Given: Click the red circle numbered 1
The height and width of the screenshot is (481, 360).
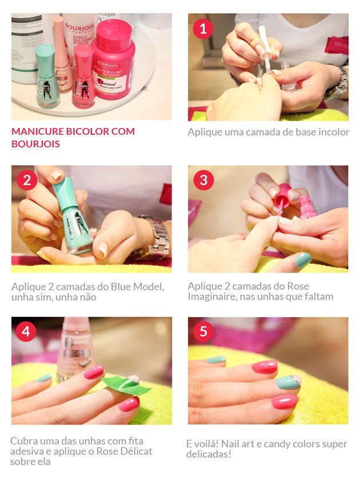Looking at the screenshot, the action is click(203, 29).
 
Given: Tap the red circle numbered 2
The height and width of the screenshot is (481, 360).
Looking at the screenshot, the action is click(27, 180).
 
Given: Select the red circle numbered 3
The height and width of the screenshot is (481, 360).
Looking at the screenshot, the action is click(203, 180).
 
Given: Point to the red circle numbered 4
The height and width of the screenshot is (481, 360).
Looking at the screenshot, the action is click(26, 331).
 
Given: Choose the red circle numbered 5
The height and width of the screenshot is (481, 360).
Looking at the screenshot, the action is click(203, 331).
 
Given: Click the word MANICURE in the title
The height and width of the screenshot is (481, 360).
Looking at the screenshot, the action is click(38, 131).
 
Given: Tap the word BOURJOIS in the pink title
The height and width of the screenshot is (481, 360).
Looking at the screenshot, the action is click(35, 144).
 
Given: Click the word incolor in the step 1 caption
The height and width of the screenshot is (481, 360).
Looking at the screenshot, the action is click(334, 132).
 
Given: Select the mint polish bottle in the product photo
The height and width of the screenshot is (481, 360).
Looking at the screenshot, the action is click(47, 76).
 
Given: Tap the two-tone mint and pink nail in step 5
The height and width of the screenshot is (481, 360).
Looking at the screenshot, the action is click(288, 382).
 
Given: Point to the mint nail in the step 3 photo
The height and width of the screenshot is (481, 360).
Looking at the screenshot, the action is click(303, 259).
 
